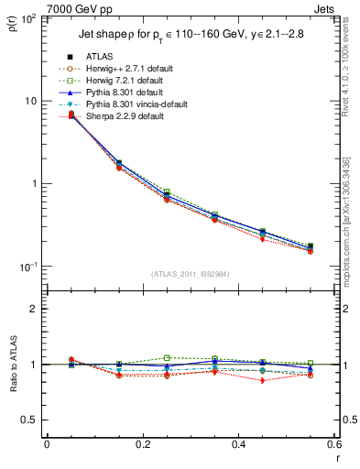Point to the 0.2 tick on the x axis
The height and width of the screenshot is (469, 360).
click(142, 445)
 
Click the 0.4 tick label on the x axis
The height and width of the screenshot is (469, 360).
click(238, 445)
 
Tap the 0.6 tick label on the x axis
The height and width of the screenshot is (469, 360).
click(333, 445)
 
